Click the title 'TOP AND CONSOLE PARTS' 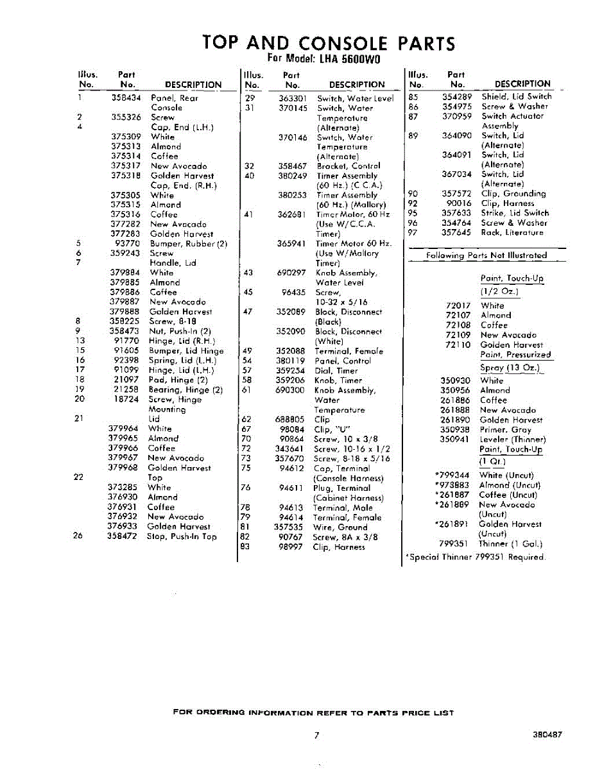(x=329, y=43)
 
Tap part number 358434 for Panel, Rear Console (x=126, y=98)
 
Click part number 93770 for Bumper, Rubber (x=127, y=244)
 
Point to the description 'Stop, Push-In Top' (x=182, y=536)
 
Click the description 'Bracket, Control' (x=349, y=166)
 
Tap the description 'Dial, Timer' (x=339, y=371)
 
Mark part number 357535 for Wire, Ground (x=289, y=527)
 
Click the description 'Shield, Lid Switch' (x=517, y=96)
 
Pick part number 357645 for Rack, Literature (x=456, y=233)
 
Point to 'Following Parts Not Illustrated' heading (x=486, y=255)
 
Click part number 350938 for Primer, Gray (x=455, y=430)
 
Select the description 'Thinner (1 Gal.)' (x=511, y=544)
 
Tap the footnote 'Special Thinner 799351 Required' (x=476, y=558)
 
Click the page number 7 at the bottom (x=316, y=735)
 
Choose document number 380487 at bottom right (x=547, y=735)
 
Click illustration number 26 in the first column (x=78, y=536)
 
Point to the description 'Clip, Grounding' (x=513, y=194)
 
